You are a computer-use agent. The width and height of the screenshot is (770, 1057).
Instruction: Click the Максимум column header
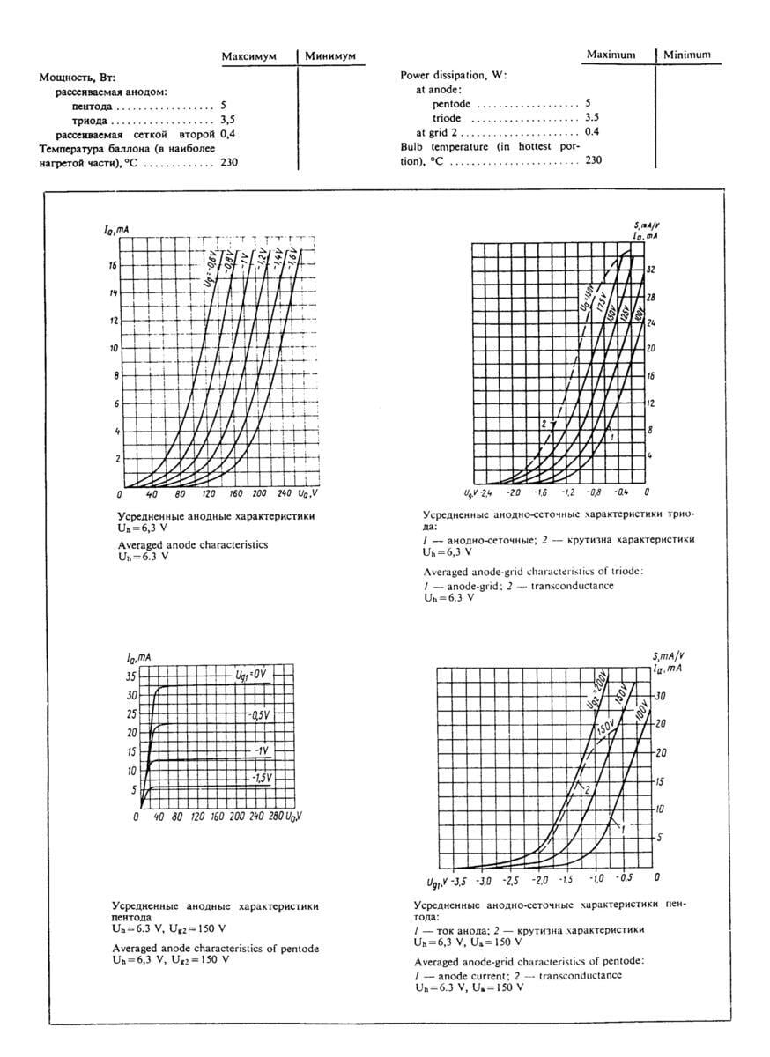pos(248,56)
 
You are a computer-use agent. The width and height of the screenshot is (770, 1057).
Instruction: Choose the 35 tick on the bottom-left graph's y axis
pos(131,676)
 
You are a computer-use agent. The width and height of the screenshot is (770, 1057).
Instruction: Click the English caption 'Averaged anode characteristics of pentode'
pos(216,948)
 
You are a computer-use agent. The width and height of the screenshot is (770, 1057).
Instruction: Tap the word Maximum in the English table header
pos(611,55)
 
